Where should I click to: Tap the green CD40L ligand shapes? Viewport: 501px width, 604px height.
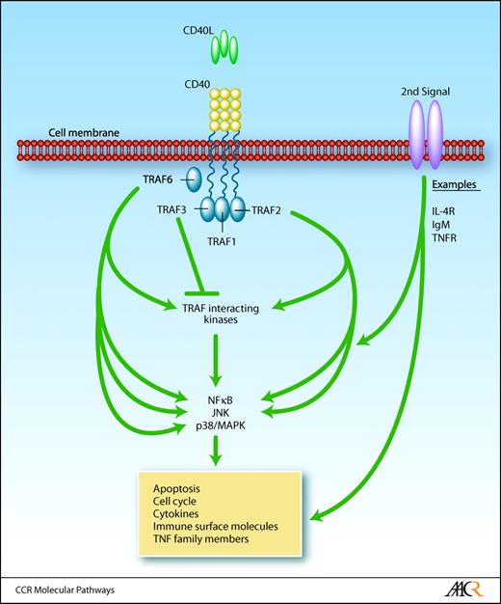223,45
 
